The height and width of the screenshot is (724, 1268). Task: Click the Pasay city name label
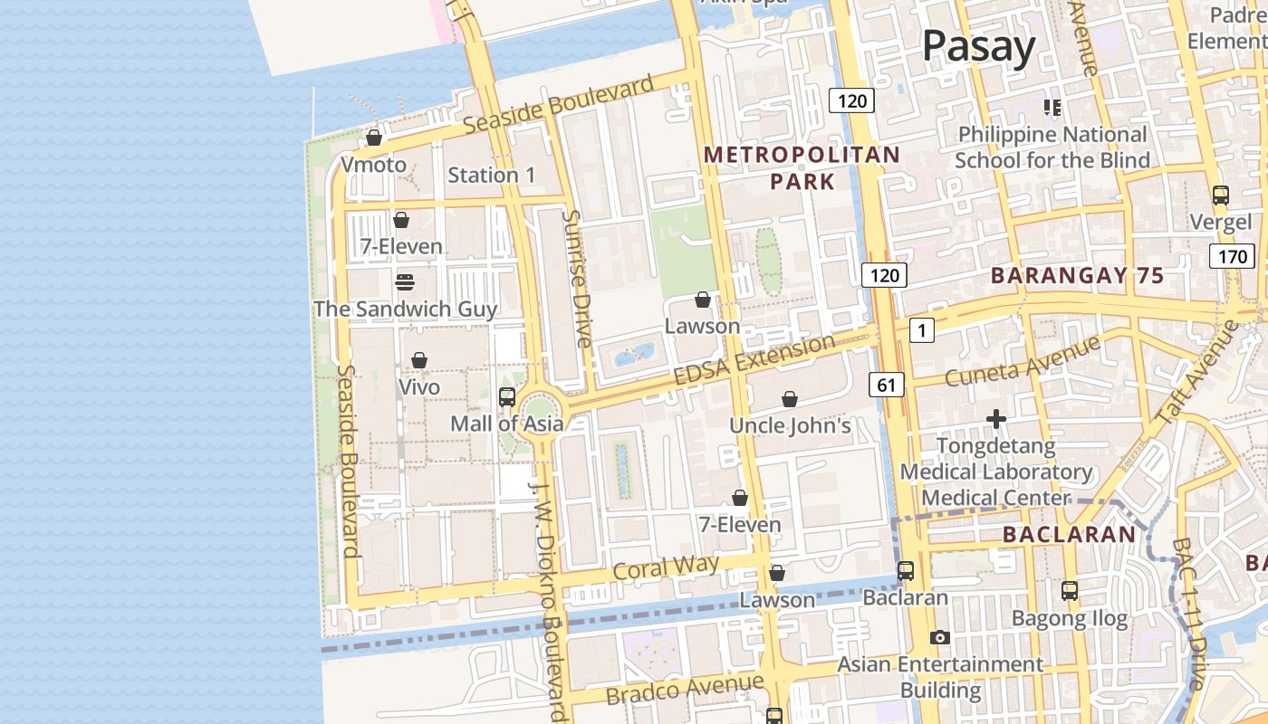click(978, 46)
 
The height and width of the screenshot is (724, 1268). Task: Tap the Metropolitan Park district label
click(802, 168)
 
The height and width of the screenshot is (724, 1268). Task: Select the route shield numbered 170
click(1232, 256)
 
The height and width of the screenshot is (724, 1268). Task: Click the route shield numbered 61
click(886, 386)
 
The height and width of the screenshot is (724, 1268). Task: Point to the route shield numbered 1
click(921, 330)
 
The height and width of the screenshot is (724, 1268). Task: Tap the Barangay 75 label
click(1077, 276)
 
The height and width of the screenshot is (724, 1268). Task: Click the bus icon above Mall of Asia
click(507, 396)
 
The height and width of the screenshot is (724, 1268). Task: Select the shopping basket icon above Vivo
click(418, 360)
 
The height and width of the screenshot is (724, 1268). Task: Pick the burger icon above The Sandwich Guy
click(405, 282)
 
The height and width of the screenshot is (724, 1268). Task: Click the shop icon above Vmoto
click(373, 138)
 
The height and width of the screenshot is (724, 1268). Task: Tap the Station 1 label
click(492, 175)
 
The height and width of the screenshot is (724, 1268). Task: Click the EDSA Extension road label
click(754, 359)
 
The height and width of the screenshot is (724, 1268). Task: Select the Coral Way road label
click(666, 568)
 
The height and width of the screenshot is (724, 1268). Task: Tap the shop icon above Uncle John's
click(790, 399)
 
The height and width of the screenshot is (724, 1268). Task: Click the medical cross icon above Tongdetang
click(996, 419)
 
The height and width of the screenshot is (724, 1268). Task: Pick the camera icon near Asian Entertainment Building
click(940, 637)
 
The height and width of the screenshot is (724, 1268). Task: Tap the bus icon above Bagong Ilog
click(1070, 591)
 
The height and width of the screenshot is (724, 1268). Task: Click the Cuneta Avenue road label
click(1023, 361)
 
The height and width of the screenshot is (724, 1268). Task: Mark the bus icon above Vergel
click(1221, 195)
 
